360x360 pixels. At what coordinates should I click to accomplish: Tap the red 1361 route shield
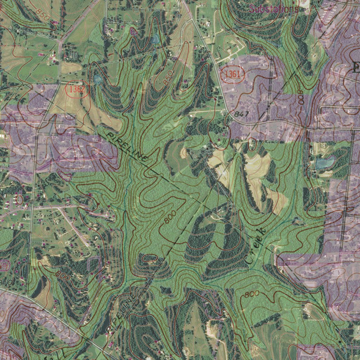(x=232, y=74)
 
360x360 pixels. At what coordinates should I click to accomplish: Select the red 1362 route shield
(x=77, y=89)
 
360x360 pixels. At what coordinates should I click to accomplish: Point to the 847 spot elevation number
(x=241, y=114)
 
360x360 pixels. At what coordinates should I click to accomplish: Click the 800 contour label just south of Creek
(x=252, y=294)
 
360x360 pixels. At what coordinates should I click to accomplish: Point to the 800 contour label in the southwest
(x=62, y=276)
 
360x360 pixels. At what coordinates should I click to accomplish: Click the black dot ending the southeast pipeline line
(x=340, y=341)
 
